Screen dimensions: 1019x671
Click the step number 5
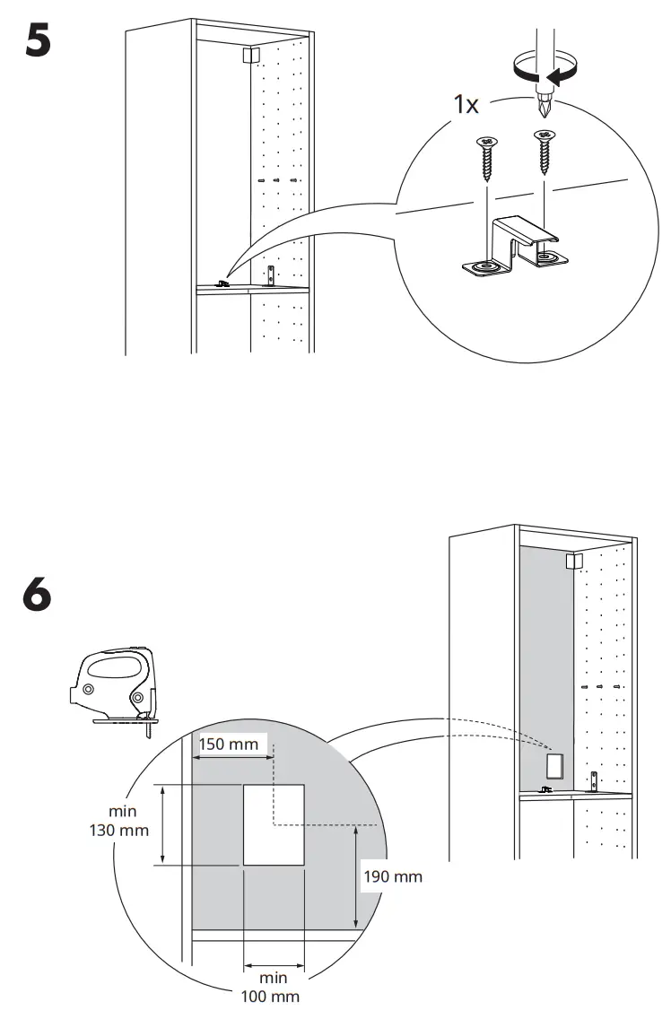tap(38, 43)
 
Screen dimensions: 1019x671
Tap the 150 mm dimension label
tap(228, 744)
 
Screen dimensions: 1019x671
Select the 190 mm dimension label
tap(392, 876)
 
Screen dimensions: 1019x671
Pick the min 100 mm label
tap(274, 987)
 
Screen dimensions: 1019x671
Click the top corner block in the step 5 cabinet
tap(249, 55)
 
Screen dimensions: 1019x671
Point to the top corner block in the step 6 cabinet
tap(573, 562)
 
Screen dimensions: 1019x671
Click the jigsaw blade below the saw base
tap(144, 727)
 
